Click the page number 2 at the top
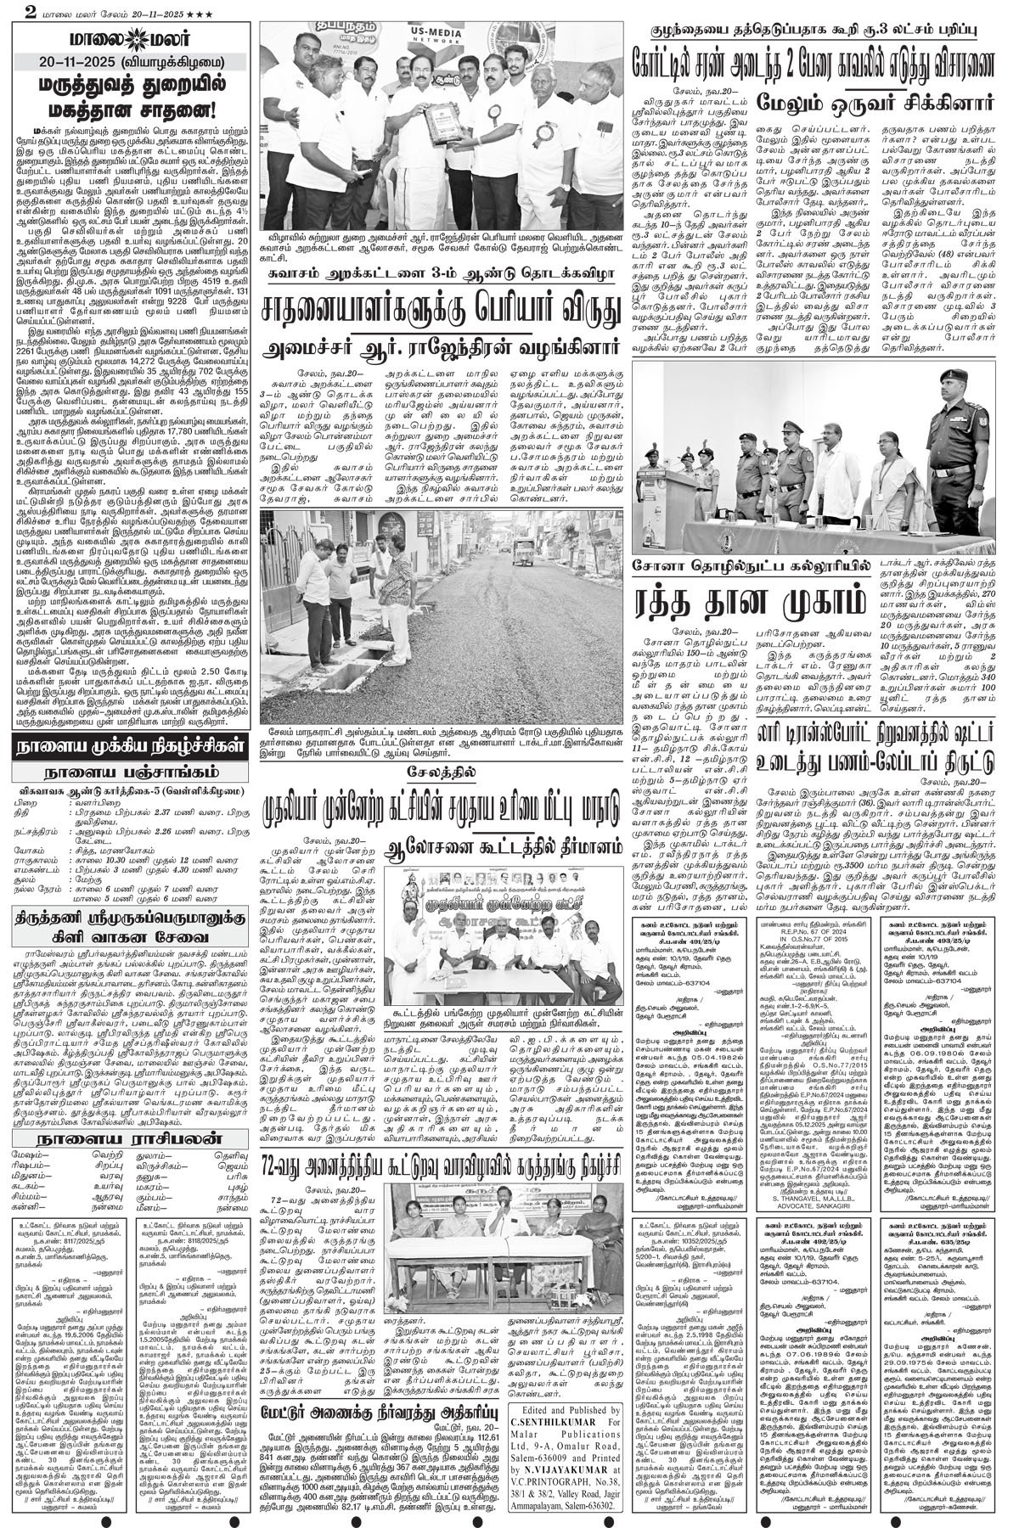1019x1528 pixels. tap(8, 10)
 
